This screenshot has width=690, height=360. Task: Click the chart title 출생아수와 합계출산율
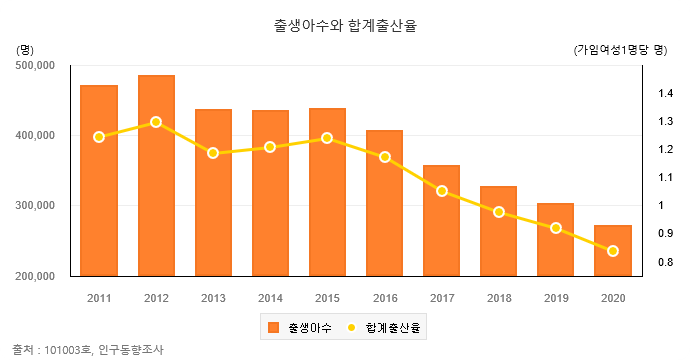coord(344,26)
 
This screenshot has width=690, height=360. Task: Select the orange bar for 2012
coord(156,175)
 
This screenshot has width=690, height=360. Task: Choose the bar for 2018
coord(498,231)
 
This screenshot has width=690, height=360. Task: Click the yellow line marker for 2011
coord(99,137)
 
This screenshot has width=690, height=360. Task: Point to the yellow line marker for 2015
coord(327,138)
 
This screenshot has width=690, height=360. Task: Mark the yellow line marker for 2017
coord(441,190)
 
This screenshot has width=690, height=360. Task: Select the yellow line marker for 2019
coord(555,228)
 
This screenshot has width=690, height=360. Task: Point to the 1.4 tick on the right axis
coord(665,94)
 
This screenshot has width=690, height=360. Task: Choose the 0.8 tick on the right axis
coord(665,262)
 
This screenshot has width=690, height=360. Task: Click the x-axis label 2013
coord(213,298)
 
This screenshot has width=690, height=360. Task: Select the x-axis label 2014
coord(270,298)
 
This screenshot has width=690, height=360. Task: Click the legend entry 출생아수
coord(297,327)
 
